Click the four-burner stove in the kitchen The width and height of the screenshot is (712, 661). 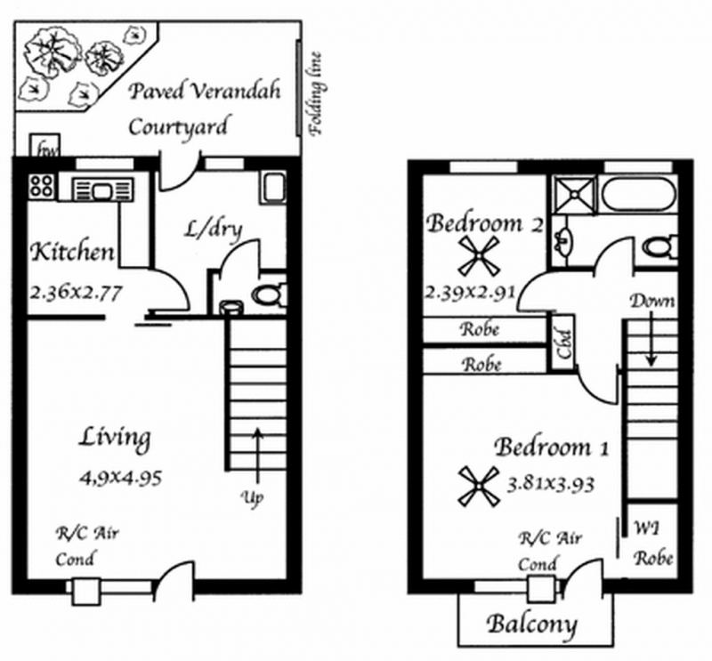tap(41, 186)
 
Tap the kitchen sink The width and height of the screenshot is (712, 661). tap(102, 190)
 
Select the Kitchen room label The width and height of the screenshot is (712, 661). tap(72, 252)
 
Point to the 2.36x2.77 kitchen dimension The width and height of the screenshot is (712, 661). tap(76, 293)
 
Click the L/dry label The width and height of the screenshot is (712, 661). tap(214, 230)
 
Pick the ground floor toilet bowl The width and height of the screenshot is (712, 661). tap(270, 294)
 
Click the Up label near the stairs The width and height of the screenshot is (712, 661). tap(252, 498)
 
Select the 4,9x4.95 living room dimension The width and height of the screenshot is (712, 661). tap(121, 478)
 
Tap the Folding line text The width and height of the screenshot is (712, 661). tap(315, 94)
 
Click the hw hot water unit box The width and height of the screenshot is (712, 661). tap(44, 145)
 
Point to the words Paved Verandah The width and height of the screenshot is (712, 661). tap(205, 91)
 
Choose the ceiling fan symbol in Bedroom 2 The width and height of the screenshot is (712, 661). tap(479, 256)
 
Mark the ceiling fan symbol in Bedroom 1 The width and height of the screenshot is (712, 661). tap(479, 487)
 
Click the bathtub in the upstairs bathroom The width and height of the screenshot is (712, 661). tap(639, 194)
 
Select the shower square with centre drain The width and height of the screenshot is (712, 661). tap(574, 195)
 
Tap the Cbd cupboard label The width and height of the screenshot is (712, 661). tap(564, 343)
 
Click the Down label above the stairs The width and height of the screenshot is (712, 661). tap(652, 301)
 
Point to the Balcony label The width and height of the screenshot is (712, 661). tap(531, 625)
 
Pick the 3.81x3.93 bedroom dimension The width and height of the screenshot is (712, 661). tap(550, 484)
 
